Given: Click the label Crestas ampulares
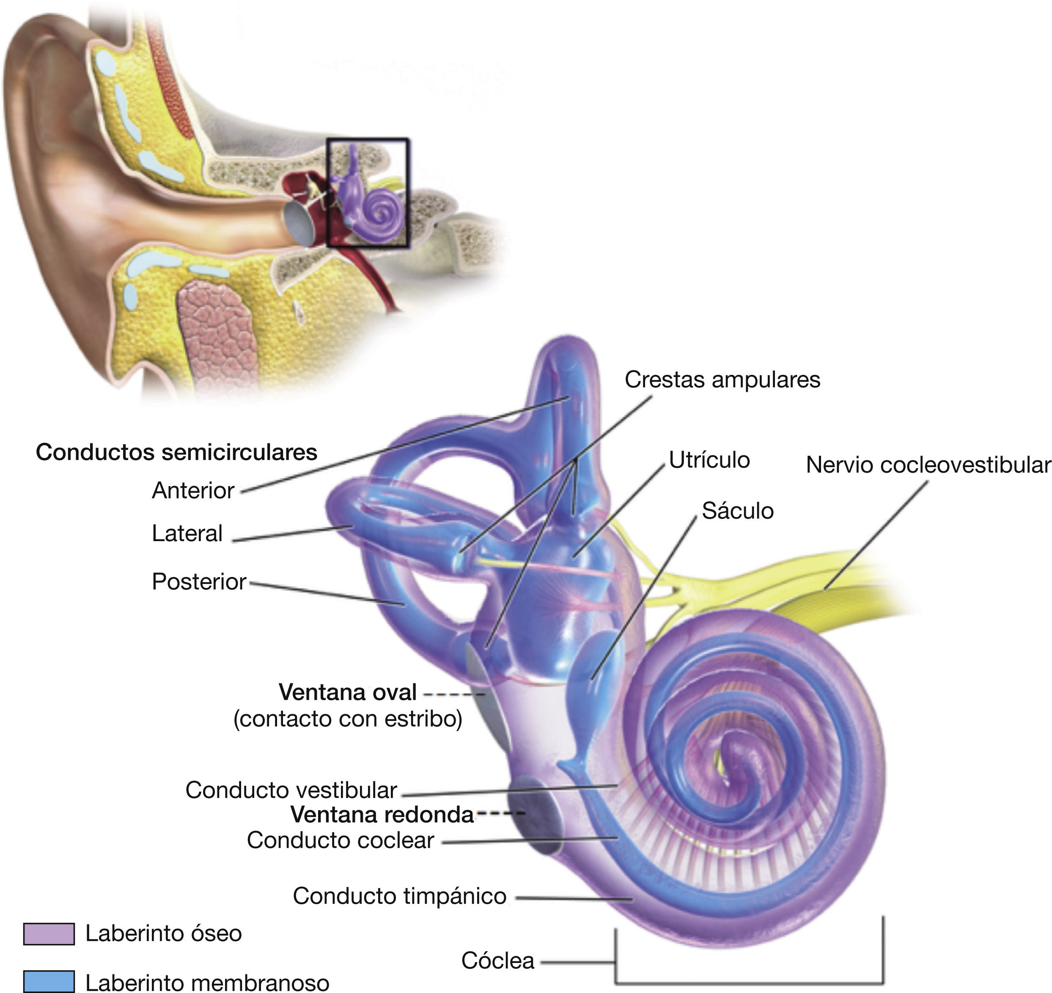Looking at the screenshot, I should click(x=722, y=380).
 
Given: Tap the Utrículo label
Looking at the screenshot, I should click(x=709, y=460).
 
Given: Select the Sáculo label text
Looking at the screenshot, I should click(x=738, y=511).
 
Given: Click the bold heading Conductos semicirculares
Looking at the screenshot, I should click(x=176, y=452).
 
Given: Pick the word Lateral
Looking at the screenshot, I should click(x=187, y=534).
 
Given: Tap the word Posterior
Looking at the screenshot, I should click(x=199, y=582).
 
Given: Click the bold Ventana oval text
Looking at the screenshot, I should click(x=348, y=692).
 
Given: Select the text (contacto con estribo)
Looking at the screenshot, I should click(x=348, y=719).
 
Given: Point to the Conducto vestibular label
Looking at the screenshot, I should click(x=291, y=790).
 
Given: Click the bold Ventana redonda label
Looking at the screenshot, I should click(x=382, y=814).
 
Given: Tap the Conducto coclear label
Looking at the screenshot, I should click(x=340, y=840).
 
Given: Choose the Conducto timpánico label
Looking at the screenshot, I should click(x=400, y=896).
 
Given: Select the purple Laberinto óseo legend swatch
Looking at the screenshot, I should click(x=49, y=934).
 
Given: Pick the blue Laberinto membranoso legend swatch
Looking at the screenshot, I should click(x=49, y=981).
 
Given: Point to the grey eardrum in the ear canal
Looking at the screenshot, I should click(x=299, y=223).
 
